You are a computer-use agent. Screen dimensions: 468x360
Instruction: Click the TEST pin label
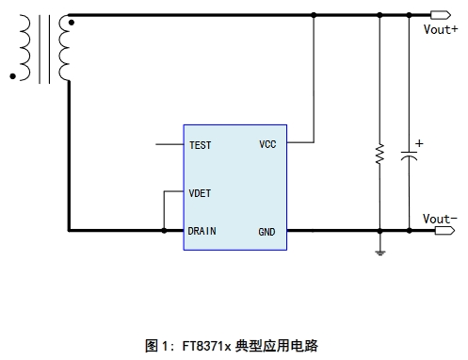click(201, 145)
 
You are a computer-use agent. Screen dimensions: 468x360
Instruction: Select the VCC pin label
click(267, 144)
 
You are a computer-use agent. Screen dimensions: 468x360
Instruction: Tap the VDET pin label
click(200, 193)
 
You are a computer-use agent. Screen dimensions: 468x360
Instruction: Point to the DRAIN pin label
click(202, 231)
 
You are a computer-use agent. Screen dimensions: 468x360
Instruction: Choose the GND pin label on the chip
click(266, 232)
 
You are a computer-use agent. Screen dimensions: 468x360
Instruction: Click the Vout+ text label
click(441, 29)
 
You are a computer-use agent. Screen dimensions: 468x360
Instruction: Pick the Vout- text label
click(440, 219)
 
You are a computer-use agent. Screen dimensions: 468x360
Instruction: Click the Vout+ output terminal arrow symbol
click(441, 15)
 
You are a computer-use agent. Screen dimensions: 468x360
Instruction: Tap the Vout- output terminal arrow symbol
click(444, 231)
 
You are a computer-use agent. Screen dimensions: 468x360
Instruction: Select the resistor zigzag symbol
click(379, 154)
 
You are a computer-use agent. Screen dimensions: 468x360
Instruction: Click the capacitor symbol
click(409, 155)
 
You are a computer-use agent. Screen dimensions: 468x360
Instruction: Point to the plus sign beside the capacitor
click(419, 143)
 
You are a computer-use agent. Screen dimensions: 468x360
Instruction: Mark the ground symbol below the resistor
click(380, 253)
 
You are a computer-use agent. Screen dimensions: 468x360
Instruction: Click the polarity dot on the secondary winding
click(72, 23)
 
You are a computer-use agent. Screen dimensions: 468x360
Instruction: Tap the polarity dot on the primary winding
click(12, 76)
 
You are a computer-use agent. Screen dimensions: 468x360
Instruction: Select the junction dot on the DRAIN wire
click(164, 231)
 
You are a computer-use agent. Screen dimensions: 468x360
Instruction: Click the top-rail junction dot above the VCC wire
click(314, 15)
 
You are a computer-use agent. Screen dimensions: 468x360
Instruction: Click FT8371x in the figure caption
click(206, 346)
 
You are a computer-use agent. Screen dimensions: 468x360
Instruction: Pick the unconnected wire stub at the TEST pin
click(169, 144)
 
